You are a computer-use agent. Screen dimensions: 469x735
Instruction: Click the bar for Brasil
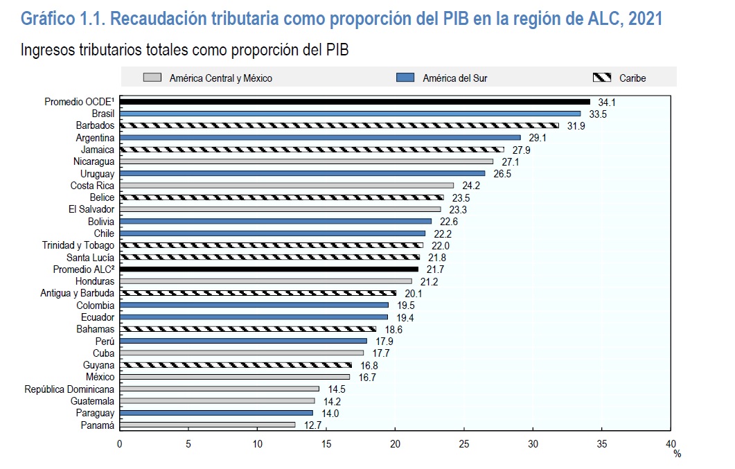pyautogui.click(x=350, y=114)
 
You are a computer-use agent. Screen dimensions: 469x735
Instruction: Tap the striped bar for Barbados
pyautogui.click(x=339, y=125)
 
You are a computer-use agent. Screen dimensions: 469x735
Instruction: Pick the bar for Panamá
pyautogui.click(x=207, y=425)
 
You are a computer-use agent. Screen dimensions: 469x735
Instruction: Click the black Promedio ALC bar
pyautogui.click(x=269, y=269)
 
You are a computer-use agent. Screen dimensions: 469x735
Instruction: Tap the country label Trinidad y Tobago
pyautogui.click(x=78, y=245)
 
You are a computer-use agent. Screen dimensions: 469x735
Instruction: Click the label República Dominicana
pyautogui.click(x=69, y=389)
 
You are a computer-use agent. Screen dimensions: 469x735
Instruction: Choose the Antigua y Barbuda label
pyautogui.click(x=78, y=293)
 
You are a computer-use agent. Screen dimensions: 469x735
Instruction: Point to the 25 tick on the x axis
pyautogui.click(x=464, y=443)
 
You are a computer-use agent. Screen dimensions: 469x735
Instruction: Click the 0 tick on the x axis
pyautogui.click(x=120, y=443)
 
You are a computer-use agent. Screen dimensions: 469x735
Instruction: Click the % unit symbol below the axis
pyautogui.click(x=678, y=454)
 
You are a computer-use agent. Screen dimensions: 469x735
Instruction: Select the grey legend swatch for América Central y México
pyautogui.click(x=152, y=78)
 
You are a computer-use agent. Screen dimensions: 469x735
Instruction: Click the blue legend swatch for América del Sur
pyautogui.click(x=405, y=78)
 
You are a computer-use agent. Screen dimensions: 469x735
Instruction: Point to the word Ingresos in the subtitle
pyautogui.click(x=46, y=51)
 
